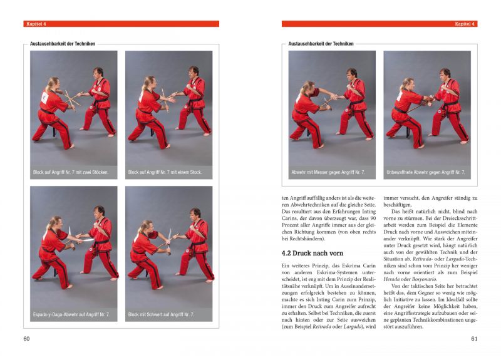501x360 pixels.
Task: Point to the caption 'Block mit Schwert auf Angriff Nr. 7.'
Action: [161, 314]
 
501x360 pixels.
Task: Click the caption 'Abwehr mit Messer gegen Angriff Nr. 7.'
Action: [328, 172]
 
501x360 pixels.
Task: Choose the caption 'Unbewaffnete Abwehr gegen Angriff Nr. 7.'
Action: [426, 172]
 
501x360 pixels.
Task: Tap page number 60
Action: [27, 339]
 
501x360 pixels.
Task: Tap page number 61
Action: [474, 339]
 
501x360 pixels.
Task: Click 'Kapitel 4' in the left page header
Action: [36, 24]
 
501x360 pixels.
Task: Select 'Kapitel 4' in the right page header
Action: [465, 24]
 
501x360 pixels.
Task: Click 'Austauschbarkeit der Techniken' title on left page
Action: [63, 44]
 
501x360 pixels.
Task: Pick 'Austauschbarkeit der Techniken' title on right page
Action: [321, 44]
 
